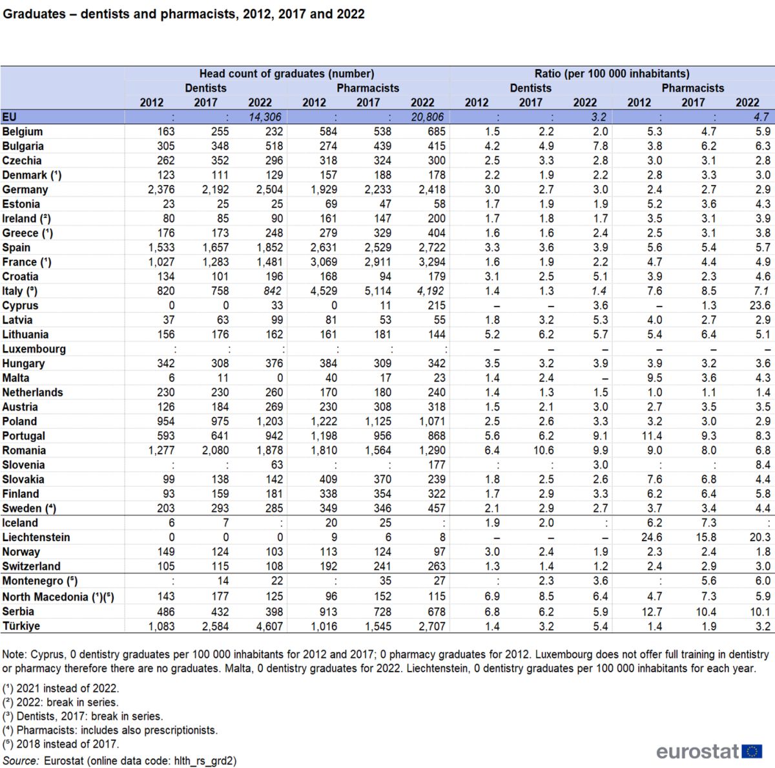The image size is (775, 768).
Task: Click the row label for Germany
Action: tap(25, 189)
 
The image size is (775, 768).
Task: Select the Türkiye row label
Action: tap(21, 626)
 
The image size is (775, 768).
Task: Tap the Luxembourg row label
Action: tap(34, 349)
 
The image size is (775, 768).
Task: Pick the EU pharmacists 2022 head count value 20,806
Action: tap(428, 117)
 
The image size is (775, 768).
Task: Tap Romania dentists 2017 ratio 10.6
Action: tap(543, 451)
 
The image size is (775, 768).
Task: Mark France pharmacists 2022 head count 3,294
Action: tap(428, 262)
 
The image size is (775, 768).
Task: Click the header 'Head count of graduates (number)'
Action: tap(287, 74)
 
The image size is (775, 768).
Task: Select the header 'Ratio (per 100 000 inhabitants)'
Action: tap(612, 74)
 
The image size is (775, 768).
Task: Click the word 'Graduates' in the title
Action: tap(34, 14)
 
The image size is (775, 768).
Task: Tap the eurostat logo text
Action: tap(697, 751)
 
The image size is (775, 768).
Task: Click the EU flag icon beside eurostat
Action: tap(752, 751)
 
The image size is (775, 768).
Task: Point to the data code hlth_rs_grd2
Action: tap(205, 761)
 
